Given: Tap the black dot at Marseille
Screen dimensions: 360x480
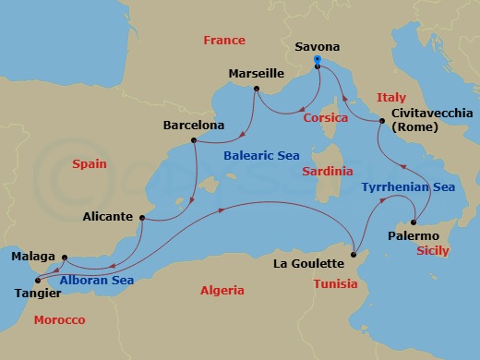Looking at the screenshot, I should pos(256,90).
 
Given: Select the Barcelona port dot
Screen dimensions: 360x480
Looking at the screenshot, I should pos(194,141).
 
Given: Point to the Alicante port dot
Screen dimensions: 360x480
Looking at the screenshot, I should pos(142,218).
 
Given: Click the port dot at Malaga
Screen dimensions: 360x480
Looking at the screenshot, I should pos(64,257).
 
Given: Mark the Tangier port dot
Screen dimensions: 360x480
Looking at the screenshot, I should pos(37,280).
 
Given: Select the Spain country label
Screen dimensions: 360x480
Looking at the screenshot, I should pos(89,164).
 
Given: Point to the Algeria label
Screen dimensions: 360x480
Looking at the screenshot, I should pos(222,290).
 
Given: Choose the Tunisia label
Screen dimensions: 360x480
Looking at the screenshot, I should pos(334,284).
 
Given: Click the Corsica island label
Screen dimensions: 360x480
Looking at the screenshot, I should pos(325,118).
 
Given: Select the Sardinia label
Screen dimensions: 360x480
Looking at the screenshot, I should pos(330,172).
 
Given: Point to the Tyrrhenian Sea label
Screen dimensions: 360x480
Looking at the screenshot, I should pos(406,186).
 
